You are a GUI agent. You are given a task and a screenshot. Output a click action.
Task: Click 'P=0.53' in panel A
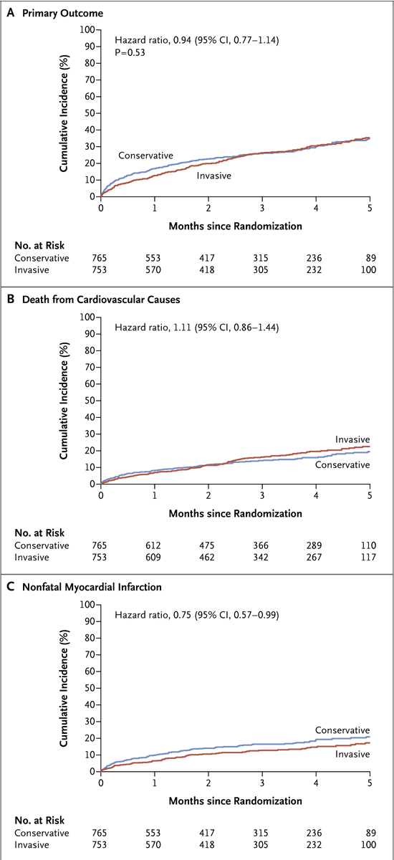tap(130, 52)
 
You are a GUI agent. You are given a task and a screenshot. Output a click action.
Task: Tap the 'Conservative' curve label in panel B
tap(342, 464)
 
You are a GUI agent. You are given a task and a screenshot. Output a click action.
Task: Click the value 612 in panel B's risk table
tap(155, 546)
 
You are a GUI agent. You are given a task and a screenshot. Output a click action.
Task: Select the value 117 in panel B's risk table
tap(368, 557)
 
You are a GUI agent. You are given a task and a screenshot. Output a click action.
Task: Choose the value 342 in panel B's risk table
tap(262, 557)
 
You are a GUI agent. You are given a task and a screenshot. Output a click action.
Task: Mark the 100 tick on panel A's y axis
tap(89, 29)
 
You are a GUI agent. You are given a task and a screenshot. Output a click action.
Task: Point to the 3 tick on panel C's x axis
tap(262, 783)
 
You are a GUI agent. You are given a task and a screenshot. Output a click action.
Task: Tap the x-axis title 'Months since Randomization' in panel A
tap(235, 226)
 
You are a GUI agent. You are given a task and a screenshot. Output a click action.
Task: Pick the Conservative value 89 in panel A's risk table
tap(370, 258)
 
